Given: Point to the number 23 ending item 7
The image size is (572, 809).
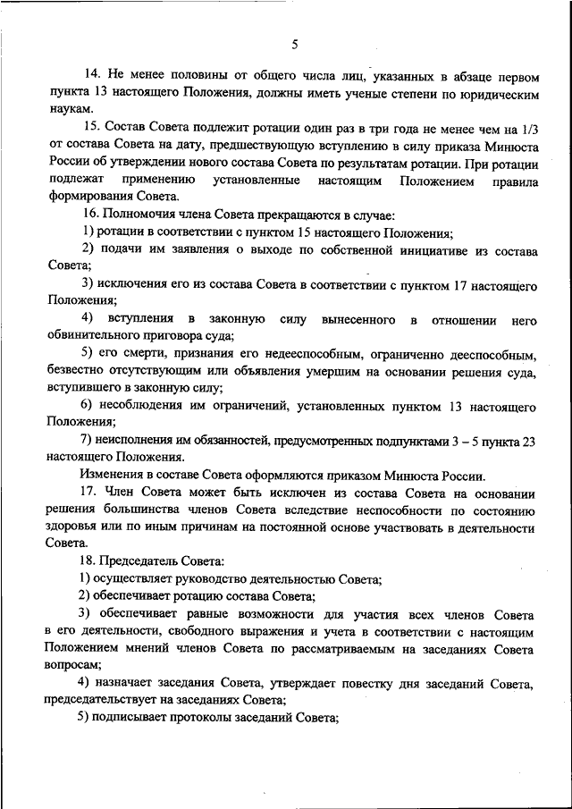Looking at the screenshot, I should click(x=526, y=440).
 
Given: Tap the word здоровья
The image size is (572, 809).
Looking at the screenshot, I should click(x=74, y=527).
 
